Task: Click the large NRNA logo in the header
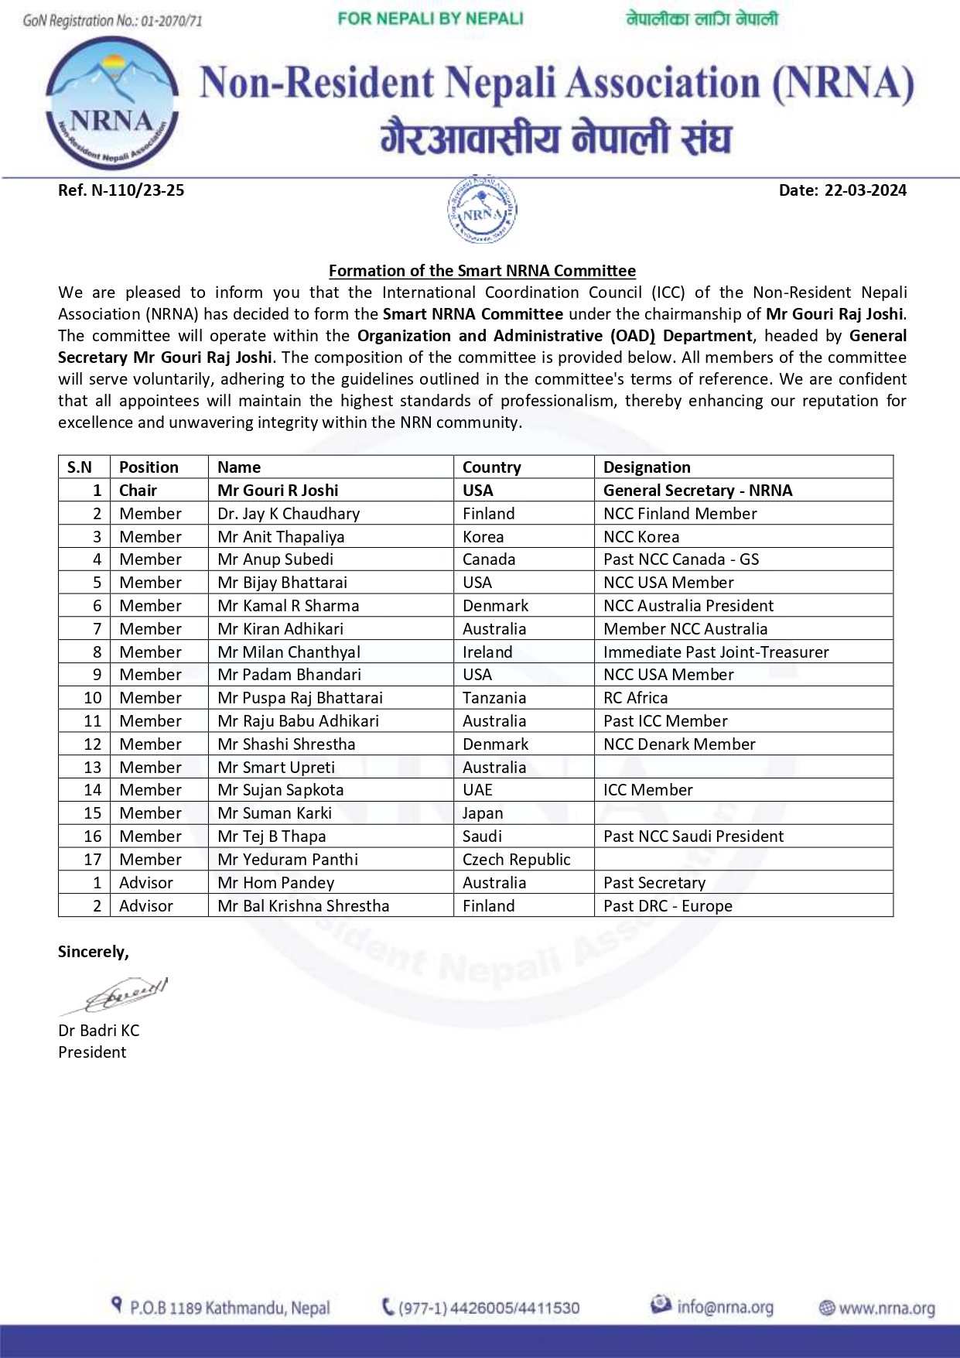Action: click(x=112, y=103)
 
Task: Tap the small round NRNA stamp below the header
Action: click(x=482, y=210)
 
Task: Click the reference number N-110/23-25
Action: click(x=121, y=190)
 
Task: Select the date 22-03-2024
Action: click(x=842, y=190)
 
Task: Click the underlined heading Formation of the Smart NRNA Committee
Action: click(x=482, y=271)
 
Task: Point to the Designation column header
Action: click(x=647, y=467)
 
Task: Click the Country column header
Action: click(x=491, y=467)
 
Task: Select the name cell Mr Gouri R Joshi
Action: click(x=278, y=491)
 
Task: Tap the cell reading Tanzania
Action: click(x=494, y=698)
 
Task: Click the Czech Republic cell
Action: click(x=516, y=860)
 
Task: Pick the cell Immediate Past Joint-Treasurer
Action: click(x=716, y=652)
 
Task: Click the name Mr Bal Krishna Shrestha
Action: click(x=303, y=906)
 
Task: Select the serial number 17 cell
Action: click(x=93, y=860)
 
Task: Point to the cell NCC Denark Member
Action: click(x=679, y=744)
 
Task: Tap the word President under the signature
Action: click(x=92, y=1052)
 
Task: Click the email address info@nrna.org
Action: click(x=725, y=1307)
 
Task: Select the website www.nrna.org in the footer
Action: click(x=887, y=1308)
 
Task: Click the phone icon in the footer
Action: click(x=388, y=1307)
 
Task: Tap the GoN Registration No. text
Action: click(x=112, y=21)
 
